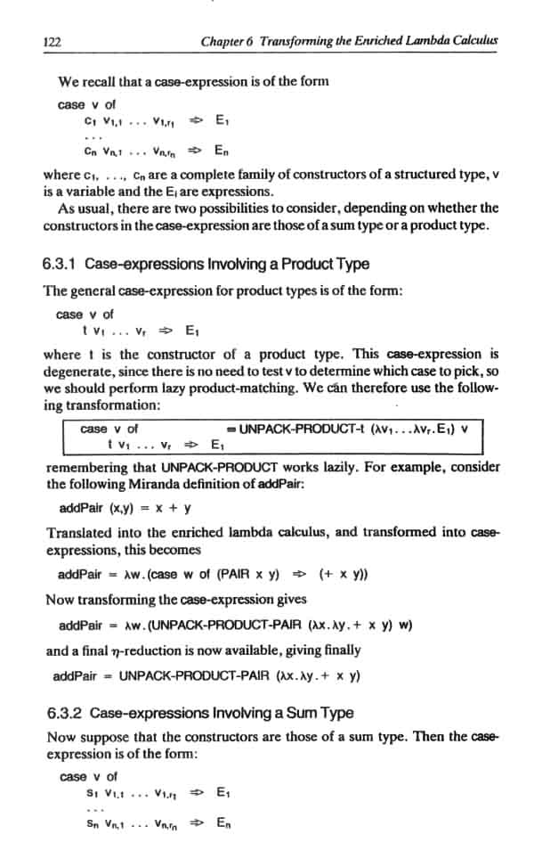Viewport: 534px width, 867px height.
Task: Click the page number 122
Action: (52, 42)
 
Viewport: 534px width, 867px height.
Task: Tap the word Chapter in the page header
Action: (223, 41)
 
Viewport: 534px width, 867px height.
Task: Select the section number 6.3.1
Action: (60, 264)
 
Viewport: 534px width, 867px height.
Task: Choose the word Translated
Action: (78, 533)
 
